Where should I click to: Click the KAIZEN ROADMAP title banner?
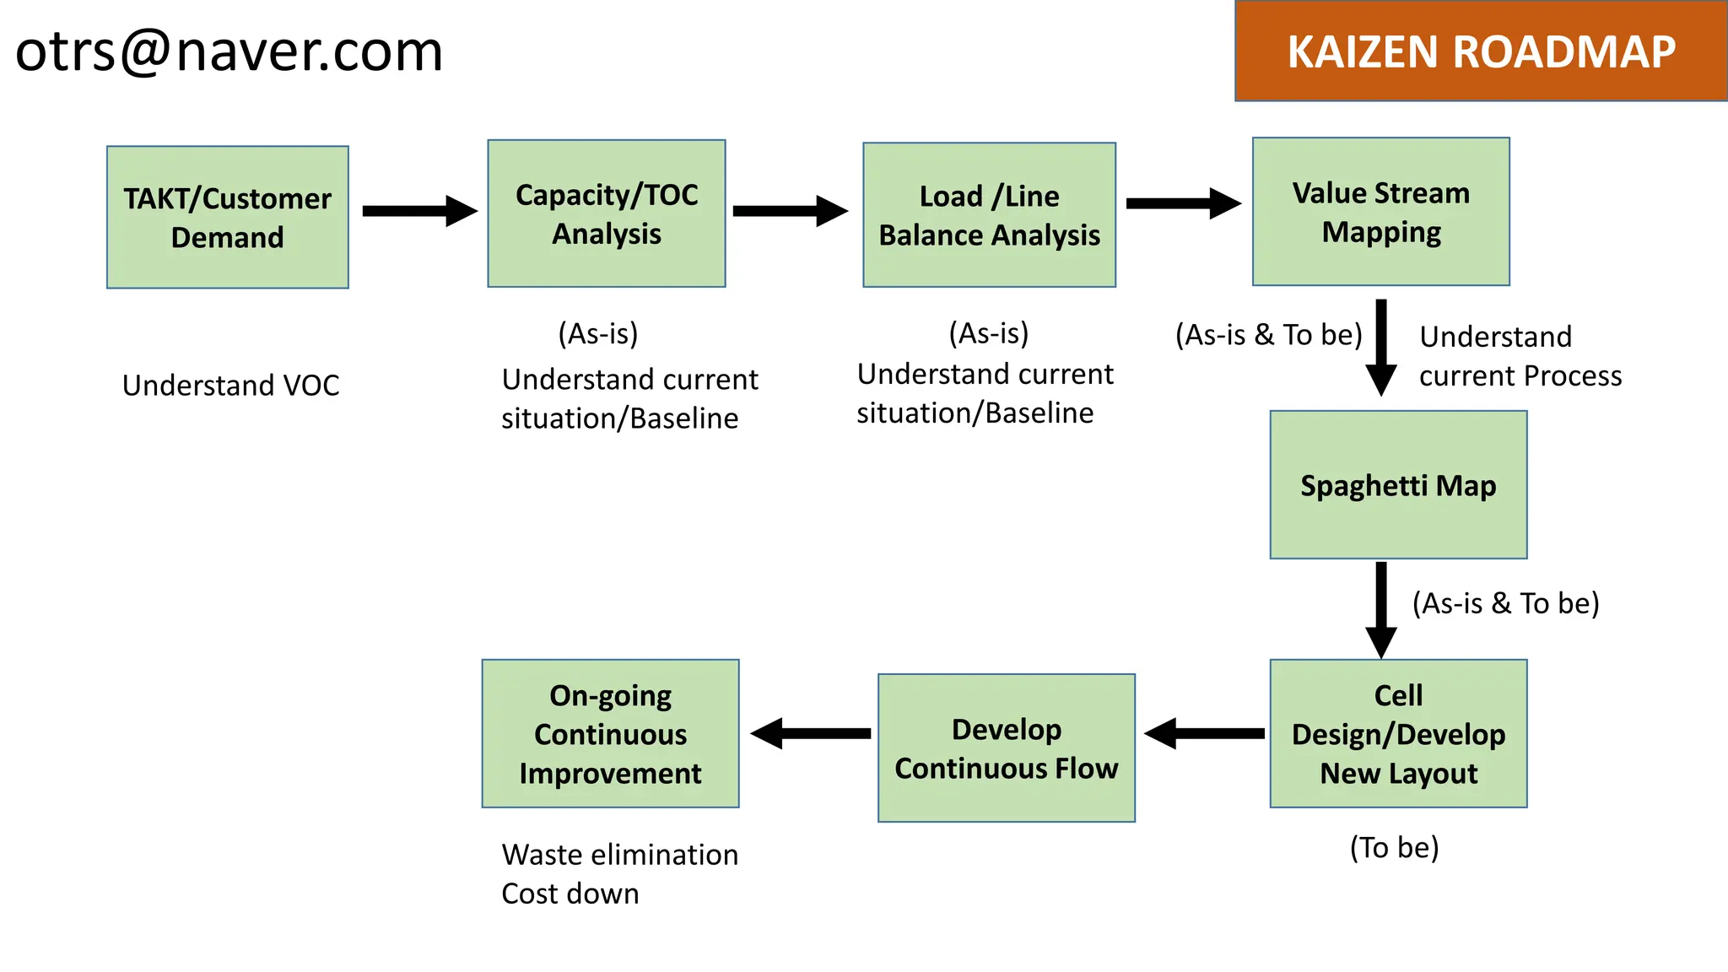tap(1481, 51)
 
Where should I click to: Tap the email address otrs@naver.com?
tap(229, 51)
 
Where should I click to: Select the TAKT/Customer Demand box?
tap(227, 218)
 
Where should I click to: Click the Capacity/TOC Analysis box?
tap(606, 213)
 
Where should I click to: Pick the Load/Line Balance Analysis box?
tap(989, 215)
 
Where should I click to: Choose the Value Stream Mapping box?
tap(1380, 212)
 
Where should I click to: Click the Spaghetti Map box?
tap(1398, 485)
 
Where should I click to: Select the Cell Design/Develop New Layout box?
tap(1398, 733)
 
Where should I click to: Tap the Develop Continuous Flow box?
tap(1006, 748)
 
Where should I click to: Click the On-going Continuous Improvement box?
tap(610, 733)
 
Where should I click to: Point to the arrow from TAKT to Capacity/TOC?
tap(419, 211)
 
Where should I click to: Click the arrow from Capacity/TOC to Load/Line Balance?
tap(790, 211)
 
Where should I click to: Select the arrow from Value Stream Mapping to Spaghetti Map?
tap(1380, 347)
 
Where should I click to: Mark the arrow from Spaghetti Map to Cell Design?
tap(1380, 609)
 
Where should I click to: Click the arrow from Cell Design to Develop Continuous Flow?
tap(1204, 733)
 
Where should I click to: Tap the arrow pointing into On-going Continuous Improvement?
tap(810, 733)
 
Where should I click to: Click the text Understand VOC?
tap(230, 386)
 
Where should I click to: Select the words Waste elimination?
tap(619, 855)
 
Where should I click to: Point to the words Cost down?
tap(570, 894)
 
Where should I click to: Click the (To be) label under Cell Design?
tap(1394, 847)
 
